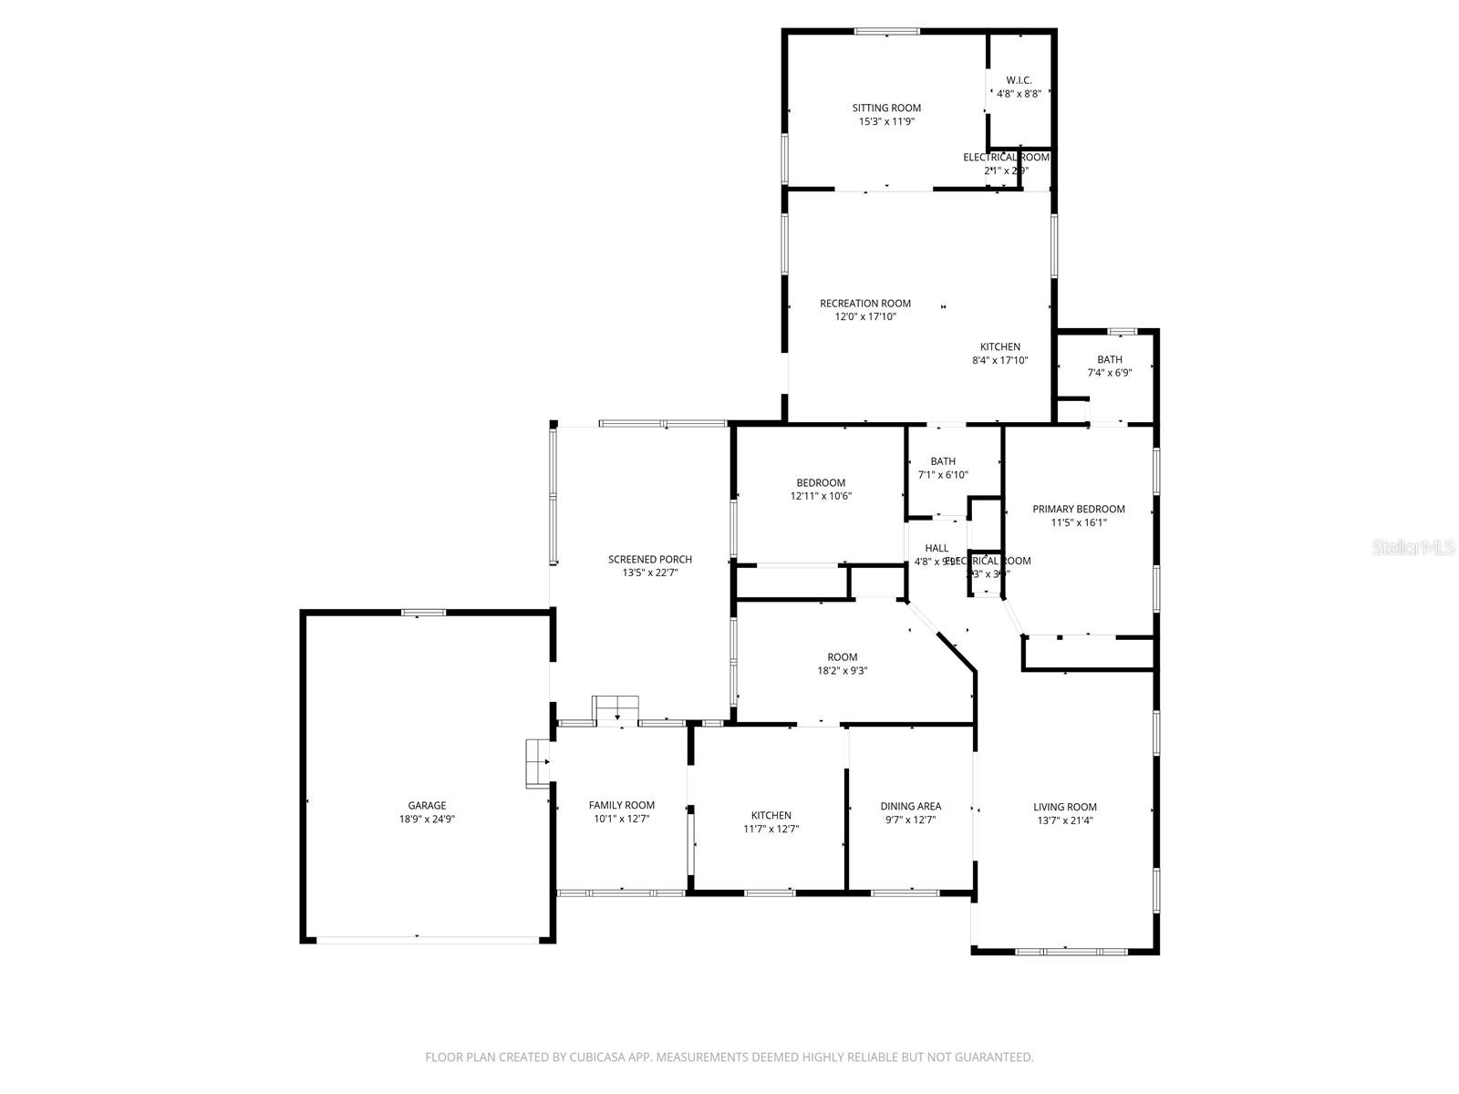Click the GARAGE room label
point(427,805)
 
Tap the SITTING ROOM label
point(886,108)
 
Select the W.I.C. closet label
point(1019,80)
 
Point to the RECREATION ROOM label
point(864,304)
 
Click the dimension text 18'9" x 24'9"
point(427,819)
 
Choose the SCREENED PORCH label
point(650,559)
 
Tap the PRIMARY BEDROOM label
point(1078,509)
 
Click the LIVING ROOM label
point(1064,807)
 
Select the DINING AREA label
point(910,806)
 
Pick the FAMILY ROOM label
point(621,805)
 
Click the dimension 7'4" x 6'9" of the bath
point(1110,373)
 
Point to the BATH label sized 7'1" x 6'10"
point(943,461)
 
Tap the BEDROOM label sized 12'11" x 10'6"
point(821,482)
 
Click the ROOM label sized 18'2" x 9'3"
point(842,657)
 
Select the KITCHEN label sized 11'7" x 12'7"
point(771,815)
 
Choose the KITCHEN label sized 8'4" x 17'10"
point(999,346)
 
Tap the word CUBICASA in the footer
point(601,1058)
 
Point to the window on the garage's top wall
point(424,613)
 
